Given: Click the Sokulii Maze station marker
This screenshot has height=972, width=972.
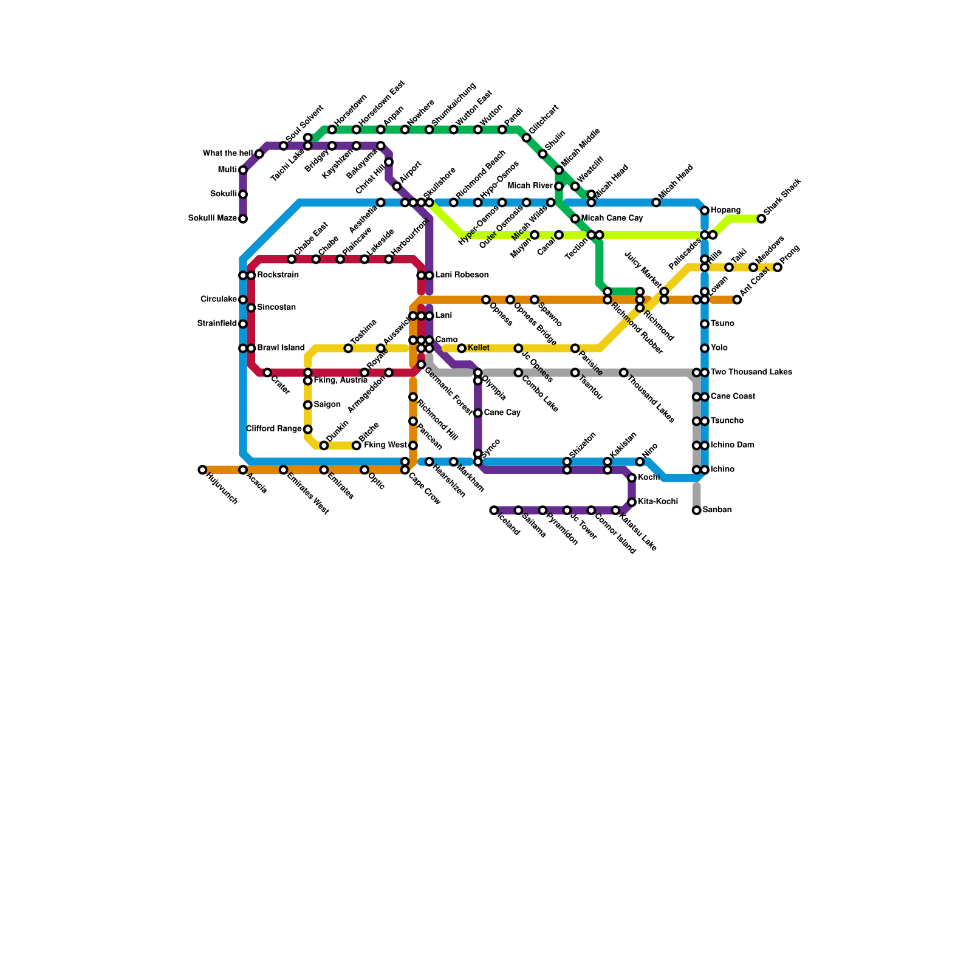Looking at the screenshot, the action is tap(243, 219).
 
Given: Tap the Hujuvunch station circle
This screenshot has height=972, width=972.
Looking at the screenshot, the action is tap(202, 470).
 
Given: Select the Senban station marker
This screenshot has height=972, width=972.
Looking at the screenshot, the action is tap(697, 510).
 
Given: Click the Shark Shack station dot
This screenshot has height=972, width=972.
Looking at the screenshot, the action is tap(761, 219).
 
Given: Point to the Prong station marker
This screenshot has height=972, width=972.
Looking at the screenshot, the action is tap(778, 267).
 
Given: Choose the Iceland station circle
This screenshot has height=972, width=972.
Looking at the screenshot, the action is tap(494, 510).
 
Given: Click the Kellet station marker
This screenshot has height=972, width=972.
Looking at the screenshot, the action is tap(462, 348).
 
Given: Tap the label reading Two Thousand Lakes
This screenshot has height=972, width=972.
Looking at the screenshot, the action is tap(751, 372).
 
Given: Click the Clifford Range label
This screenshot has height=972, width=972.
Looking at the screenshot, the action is tap(273, 429).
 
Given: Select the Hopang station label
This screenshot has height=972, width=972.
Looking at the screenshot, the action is tap(725, 211).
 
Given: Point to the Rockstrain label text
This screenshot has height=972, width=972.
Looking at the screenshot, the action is tap(278, 275).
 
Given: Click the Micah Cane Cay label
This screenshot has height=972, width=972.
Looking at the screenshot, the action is tap(612, 219).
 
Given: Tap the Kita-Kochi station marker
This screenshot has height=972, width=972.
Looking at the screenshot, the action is tap(632, 502).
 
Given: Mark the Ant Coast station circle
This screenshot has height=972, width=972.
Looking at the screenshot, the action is tap(737, 299).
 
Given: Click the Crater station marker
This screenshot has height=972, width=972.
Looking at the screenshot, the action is tap(267, 372).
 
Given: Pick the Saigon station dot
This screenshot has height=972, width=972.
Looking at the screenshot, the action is tap(308, 405).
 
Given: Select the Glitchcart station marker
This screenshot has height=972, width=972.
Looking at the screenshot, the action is tap(527, 138).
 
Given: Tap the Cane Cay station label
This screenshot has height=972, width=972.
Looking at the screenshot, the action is tap(502, 413).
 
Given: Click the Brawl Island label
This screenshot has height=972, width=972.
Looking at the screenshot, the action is tap(281, 348).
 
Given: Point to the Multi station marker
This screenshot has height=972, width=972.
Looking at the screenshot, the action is tap(243, 170).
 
